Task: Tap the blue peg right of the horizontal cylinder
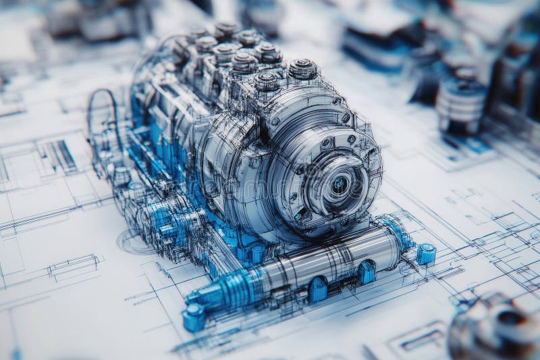pyautogui.click(x=425, y=254)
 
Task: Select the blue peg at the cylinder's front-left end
pyautogui.click(x=194, y=317)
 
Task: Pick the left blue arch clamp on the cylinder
pyautogui.click(x=317, y=289)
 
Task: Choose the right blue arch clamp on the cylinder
pyautogui.click(x=367, y=272)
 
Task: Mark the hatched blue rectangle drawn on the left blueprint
pyautogui.click(x=62, y=156)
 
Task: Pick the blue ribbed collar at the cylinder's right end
pyautogui.click(x=398, y=233)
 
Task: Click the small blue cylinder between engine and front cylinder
pyautogui.click(x=257, y=254)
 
